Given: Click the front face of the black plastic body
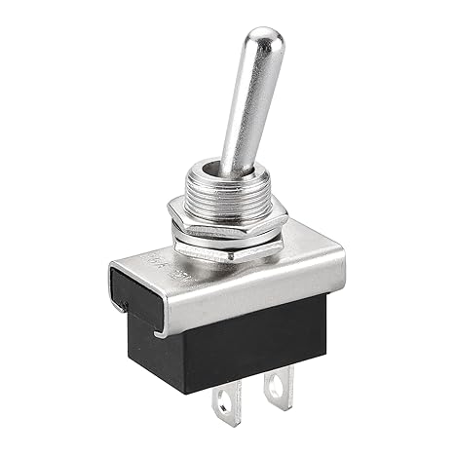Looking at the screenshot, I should pos(248,341).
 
